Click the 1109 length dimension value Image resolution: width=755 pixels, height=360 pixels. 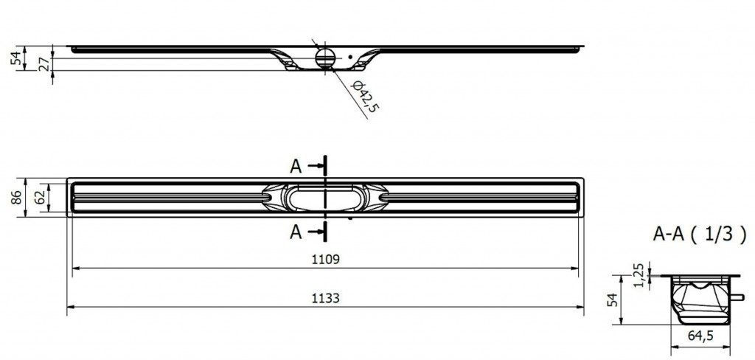coord(325,259)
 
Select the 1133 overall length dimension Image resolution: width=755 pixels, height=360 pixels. coord(325,298)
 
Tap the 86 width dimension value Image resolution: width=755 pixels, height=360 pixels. coord(17,197)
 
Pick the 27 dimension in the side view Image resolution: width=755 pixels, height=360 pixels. coord(43,64)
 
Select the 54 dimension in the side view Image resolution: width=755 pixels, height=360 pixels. coord(17,58)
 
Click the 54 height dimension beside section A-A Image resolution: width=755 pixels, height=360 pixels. coord(611,300)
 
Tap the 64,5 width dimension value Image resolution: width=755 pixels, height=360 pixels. coord(700,336)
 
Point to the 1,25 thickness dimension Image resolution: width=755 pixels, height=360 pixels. coord(639,276)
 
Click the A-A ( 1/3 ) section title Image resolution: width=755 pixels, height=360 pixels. coord(700,234)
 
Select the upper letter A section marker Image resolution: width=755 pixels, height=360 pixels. coord(296,166)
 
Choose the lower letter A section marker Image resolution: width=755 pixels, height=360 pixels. coord(296,232)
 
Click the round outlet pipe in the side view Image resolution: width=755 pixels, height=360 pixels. coord(324,58)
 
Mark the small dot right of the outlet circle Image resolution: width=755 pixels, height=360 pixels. coord(350,57)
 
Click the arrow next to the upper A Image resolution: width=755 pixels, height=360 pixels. coord(315,166)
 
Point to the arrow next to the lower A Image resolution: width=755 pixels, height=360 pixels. coord(315,232)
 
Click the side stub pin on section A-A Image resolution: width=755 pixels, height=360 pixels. coord(737,297)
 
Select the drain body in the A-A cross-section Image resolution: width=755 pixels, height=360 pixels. coord(701,300)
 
